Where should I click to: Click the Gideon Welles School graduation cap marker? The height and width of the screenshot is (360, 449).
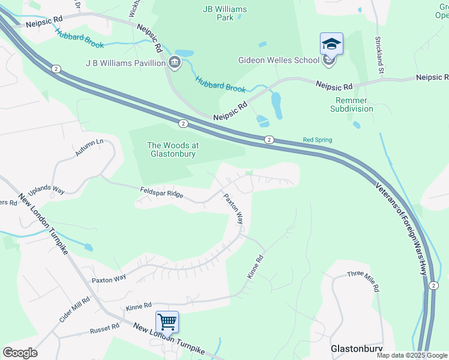click(x=331, y=44)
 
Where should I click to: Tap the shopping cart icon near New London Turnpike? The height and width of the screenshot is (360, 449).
click(x=167, y=321)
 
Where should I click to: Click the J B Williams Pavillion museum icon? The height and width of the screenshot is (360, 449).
click(x=175, y=62)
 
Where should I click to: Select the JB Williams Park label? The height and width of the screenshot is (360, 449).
click(x=224, y=13)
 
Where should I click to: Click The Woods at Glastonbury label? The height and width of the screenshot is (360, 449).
click(x=173, y=149)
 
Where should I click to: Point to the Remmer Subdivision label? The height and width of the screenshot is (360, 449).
click(x=352, y=104)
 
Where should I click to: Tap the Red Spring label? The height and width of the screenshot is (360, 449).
click(x=317, y=140)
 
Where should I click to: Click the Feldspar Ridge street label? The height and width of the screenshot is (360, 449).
click(x=161, y=194)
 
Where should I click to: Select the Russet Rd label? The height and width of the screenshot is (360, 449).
click(x=104, y=329)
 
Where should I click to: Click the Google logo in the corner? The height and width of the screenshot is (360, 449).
click(x=20, y=353)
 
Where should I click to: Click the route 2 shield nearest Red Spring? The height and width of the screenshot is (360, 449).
click(x=270, y=139)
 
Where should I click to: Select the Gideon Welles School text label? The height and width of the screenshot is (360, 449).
click(x=279, y=61)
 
